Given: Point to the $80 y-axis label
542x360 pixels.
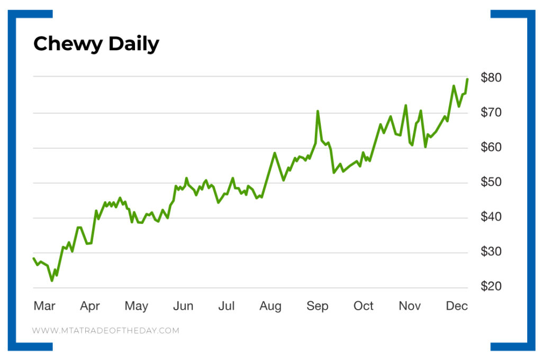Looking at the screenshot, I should (491, 77).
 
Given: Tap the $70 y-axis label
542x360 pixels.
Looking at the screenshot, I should (491, 112).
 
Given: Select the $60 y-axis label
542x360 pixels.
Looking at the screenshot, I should (491, 147).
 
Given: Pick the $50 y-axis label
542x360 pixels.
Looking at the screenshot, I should (491, 182).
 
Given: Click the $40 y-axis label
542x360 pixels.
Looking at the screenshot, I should (491, 217).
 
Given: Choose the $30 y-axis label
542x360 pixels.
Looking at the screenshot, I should (491, 252).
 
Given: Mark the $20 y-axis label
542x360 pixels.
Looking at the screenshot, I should (491, 287).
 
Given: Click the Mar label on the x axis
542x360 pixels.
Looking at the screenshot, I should (44, 306).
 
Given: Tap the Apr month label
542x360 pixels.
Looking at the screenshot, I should (90, 306).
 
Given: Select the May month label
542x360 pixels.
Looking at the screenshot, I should (136, 306).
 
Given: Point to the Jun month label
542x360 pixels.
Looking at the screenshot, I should (183, 306).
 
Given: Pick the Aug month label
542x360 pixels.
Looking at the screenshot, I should (270, 306).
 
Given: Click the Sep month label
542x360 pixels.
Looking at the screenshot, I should (317, 306).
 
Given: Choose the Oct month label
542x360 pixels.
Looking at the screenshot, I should (364, 306).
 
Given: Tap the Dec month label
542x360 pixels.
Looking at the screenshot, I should (457, 306).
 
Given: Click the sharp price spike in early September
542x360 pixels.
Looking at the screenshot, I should (318, 111).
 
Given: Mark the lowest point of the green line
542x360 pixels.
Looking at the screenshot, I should (52, 281).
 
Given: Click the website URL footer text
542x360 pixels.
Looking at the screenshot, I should (106, 330).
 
